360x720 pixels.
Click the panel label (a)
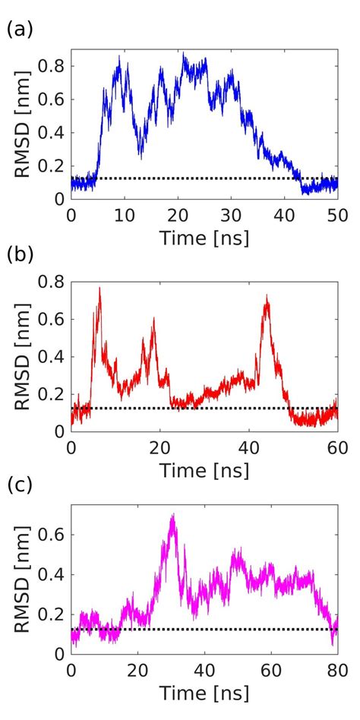[x=18, y=30]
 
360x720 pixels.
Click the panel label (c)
[x=18, y=485]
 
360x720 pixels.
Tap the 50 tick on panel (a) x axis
[x=336, y=215]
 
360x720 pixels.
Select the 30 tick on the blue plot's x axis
[x=231, y=215]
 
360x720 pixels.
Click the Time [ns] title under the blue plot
[x=204, y=238]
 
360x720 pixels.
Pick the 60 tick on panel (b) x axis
[x=336, y=446]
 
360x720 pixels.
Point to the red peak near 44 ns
[x=267, y=296]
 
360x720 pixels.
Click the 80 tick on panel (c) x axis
[x=336, y=671]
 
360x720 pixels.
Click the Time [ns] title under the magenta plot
[x=204, y=693]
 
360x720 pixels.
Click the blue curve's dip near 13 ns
[x=140, y=155]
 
